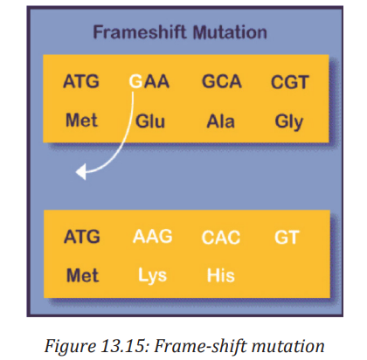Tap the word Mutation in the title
[x=230, y=32]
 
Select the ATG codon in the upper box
[x=81, y=81]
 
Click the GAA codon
[x=149, y=81]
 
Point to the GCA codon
[x=222, y=81]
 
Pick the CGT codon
[x=290, y=82]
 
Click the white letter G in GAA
[x=135, y=81]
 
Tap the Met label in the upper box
[x=81, y=120]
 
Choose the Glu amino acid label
[x=150, y=121]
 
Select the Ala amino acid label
[x=220, y=121]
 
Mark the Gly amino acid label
[x=289, y=122]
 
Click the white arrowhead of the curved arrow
[x=81, y=172]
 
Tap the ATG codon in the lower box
[x=82, y=237]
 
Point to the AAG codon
[x=153, y=236]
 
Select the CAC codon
[x=221, y=237]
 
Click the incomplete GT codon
[x=287, y=237]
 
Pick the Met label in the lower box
[x=83, y=275]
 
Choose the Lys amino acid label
[x=152, y=275]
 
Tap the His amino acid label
[x=221, y=275]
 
